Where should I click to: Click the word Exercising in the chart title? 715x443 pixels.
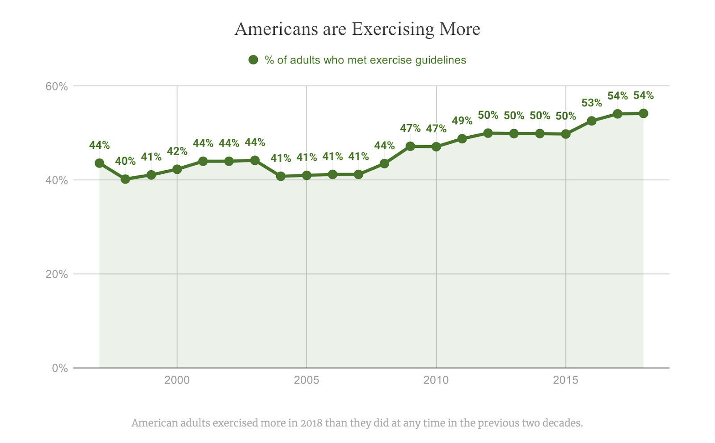point(393,29)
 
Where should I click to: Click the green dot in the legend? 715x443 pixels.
point(253,60)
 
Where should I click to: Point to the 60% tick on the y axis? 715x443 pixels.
point(57,86)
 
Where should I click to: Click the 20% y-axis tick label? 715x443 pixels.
point(57,274)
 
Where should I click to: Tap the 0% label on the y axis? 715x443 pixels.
point(60,368)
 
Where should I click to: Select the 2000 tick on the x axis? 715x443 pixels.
point(177,380)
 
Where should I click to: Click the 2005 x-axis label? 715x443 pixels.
point(307,380)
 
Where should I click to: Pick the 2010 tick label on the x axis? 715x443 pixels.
point(436,380)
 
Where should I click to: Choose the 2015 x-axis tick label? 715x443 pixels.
point(566,380)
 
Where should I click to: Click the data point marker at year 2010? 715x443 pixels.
point(436,146)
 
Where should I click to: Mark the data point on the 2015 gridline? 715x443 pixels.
point(566,134)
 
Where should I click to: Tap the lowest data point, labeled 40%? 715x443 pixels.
point(125,179)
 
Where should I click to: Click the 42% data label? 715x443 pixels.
point(177,151)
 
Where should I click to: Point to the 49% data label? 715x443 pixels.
point(462,121)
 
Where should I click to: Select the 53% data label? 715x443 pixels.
point(592,103)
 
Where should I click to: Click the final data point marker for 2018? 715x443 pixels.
point(643,113)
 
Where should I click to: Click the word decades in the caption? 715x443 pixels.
point(566,423)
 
